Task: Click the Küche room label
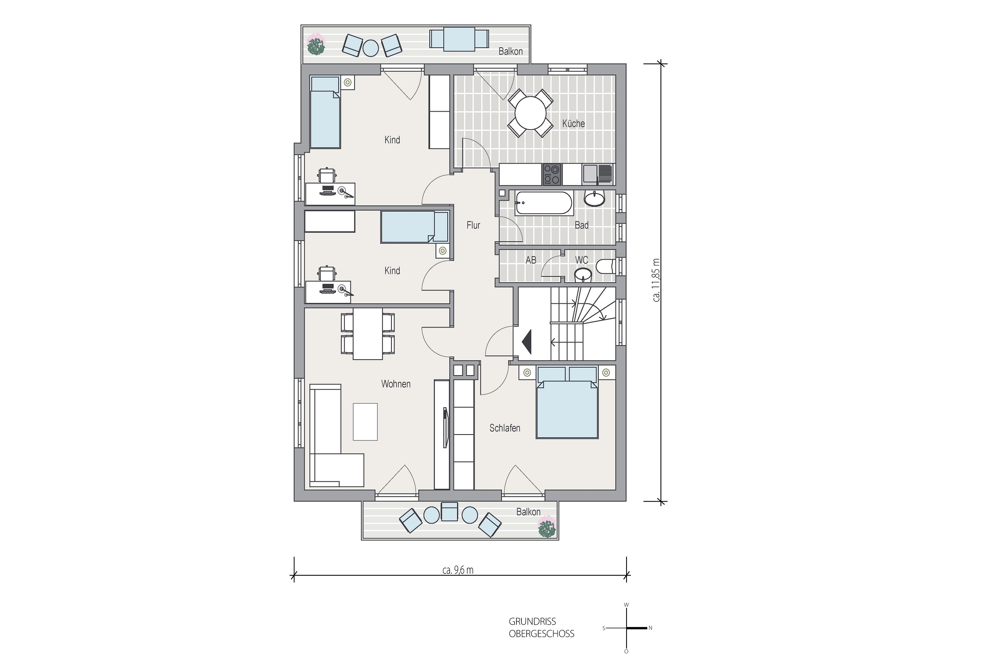click(573, 124)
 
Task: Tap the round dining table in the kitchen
click(530, 113)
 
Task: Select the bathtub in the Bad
click(544, 203)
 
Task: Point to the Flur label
click(473, 225)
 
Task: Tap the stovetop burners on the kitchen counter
click(552, 175)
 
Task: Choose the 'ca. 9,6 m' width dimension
click(458, 570)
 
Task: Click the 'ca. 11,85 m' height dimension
click(656, 280)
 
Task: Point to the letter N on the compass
click(650, 628)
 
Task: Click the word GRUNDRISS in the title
click(532, 621)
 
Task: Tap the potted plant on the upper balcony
click(316, 45)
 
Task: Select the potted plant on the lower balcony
click(546, 527)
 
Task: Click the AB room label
click(531, 260)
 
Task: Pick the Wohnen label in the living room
click(396, 384)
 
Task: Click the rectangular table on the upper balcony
click(459, 39)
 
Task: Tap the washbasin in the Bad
click(594, 198)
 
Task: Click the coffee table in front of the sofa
click(365, 422)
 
